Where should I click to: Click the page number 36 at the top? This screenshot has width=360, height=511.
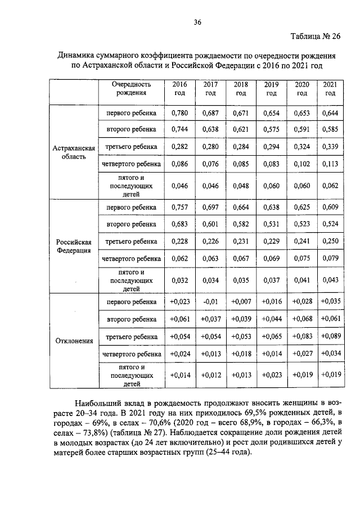tap(197, 22)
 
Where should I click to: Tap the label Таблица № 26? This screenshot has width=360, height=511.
tap(316, 37)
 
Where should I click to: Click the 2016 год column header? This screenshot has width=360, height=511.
tap(179, 88)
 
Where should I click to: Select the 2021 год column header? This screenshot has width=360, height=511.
tap(330, 88)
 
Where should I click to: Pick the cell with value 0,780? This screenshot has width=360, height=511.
tap(179, 113)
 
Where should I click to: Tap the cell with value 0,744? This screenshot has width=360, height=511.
tap(179, 129)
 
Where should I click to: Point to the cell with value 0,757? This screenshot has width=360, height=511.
tap(179, 207)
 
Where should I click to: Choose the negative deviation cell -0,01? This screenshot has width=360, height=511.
tap(210, 302)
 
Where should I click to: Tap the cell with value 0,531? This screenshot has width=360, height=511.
tap(271, 224)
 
